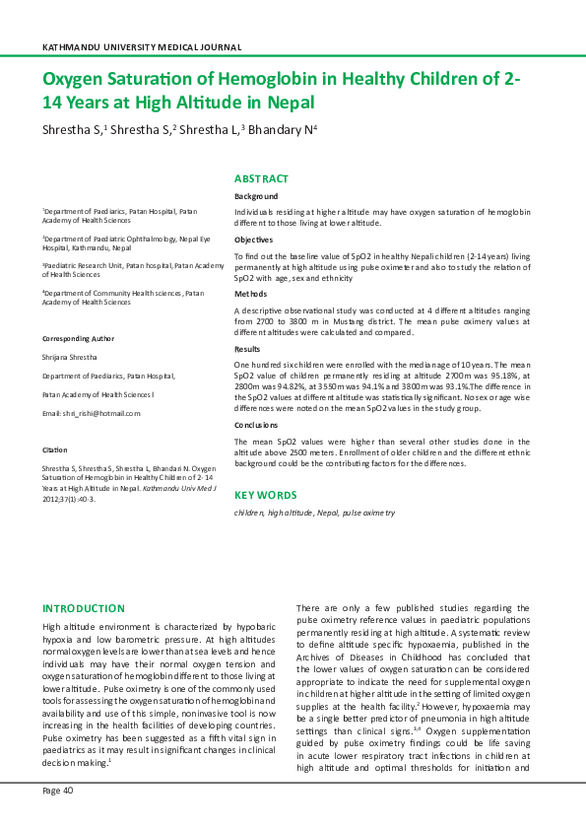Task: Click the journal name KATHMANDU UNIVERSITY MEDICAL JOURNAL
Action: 143,47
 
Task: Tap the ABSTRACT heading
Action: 261,178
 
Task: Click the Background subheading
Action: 256,197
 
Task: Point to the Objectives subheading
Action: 254,240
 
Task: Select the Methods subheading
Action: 250,294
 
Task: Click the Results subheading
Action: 248,349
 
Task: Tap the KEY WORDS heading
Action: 265,495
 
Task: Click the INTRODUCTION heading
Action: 84,608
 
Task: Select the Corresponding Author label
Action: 80,337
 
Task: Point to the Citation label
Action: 54,449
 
